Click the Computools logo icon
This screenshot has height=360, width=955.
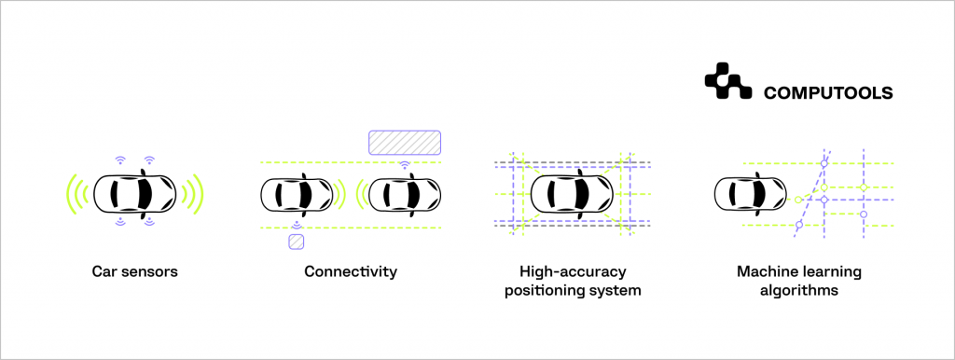[727, 81]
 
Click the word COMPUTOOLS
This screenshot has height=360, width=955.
[828, 93]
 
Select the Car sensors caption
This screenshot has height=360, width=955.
[134, 272]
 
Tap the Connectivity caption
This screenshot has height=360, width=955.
[351, 272]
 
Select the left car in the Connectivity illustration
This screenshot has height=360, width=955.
[294, 195]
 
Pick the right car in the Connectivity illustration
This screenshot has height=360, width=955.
[405, 195]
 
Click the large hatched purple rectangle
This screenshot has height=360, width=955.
[404, 142]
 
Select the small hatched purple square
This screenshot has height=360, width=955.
[296, 242]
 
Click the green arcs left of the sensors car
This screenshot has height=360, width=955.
[76, 194]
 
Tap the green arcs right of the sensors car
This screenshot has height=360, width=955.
[192, 194]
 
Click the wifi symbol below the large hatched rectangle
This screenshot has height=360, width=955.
[404, 165]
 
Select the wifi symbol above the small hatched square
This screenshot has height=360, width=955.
[296, 225]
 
